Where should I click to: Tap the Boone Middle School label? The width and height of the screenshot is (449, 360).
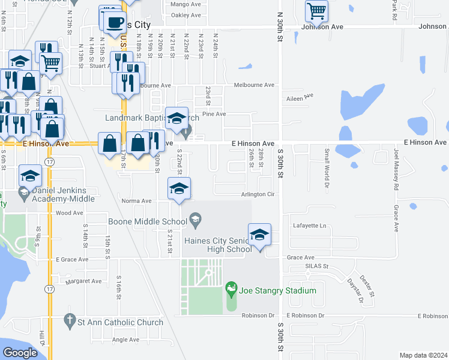tap(148, 221)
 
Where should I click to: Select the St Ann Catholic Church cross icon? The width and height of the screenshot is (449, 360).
tap(70, 322)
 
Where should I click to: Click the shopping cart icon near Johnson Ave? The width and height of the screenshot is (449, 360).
tap(316, 10)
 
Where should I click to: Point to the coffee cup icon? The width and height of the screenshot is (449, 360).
tap(115, 22)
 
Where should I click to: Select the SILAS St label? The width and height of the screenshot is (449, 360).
tap(317, 266)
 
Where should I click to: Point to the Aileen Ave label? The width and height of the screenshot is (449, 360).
tap(301, 97)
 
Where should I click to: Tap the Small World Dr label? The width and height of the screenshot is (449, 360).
tap(327, 167)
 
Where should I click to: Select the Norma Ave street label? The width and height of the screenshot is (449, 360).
tap(136, 201)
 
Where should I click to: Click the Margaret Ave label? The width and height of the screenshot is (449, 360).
tap(84, 281)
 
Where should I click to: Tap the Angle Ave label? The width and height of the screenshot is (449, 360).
tap(125, 340)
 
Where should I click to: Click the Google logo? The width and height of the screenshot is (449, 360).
tap(20, 353)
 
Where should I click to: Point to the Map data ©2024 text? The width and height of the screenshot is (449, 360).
tap(423, 355)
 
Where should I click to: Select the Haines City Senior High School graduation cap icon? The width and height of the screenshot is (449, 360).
tap(259, 235)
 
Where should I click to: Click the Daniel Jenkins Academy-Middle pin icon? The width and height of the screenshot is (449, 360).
tap(25, 193)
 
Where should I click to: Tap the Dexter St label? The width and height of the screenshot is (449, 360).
tap(367, 286)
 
